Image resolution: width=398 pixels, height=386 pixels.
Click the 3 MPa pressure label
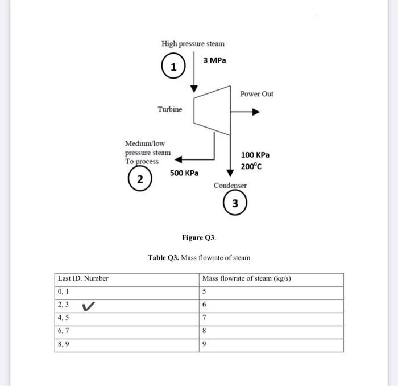tap(214, 60)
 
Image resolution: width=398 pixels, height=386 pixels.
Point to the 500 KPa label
tap(184, 173)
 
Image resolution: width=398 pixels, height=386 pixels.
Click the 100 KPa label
tap(255, 155)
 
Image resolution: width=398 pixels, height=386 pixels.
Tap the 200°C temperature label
tap(251, 167)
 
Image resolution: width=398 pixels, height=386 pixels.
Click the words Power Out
tap(256, 93)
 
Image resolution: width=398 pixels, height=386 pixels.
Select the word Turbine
tap(170, 109)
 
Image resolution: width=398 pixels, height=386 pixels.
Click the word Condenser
tap(230, 186)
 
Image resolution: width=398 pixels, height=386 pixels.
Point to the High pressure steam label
tap(193, 44)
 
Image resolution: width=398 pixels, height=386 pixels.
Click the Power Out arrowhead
tap(256, 113)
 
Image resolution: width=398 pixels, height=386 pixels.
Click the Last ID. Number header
tap(83, 278)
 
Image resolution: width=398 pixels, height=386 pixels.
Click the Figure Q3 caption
tap(199, 237)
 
